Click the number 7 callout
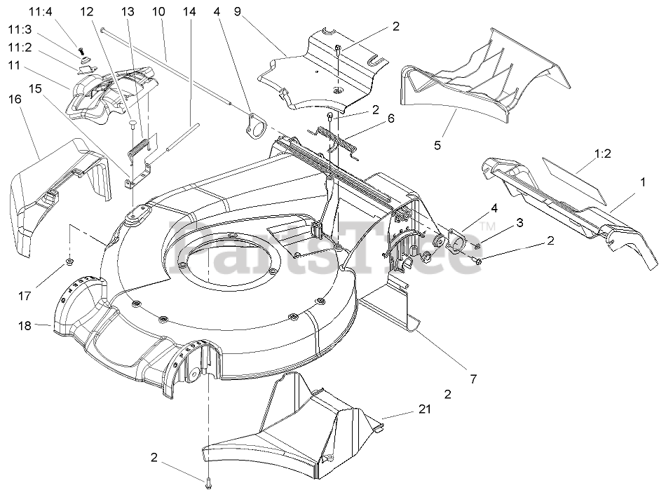(473, 379)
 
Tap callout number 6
(390, 118)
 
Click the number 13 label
(127, 12)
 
